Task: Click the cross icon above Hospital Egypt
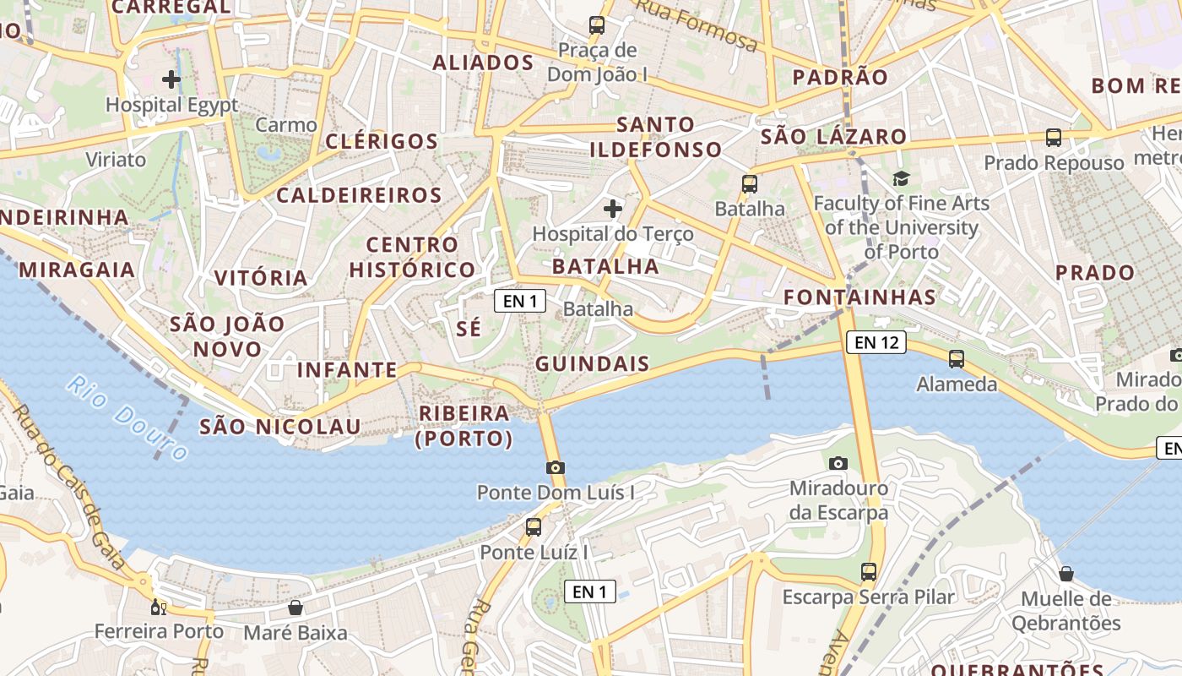tap(171, 80)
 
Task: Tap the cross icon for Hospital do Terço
tap(614, 208)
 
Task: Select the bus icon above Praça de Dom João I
tap(597, 25)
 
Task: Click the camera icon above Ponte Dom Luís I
tap(555, 467)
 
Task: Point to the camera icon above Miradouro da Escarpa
tap(838, 463)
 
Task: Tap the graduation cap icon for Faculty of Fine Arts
tap(902, 178)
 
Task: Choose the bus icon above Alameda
tap(957, 359)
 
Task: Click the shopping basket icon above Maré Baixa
tap(295, 608)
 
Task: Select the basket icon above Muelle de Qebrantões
tap(1066, 574)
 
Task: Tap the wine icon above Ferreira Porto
tap(158, 607)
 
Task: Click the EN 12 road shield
tap(876, 342)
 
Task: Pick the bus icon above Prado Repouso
tap(1054, 138)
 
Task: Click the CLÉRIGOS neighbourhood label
tap(382, 141)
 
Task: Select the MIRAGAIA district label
tap(77, 270)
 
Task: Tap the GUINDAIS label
tap(593, 364)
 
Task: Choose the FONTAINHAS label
tap(859, 297)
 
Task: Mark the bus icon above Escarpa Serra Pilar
tap(869, 572)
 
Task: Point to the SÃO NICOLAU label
tap(280, 427)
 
